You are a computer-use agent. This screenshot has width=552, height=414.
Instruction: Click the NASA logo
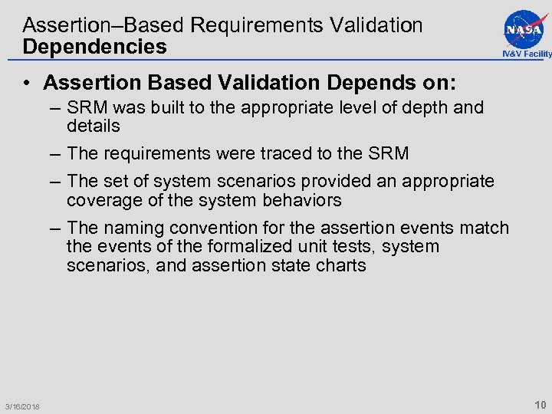[526, 28]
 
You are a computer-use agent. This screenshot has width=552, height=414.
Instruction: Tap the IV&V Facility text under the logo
[527, 54]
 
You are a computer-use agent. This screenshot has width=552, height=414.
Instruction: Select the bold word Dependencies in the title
[94, 47]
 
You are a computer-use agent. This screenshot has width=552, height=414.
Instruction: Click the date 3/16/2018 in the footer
[22, 406]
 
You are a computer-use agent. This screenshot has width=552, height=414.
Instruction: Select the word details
[94, 126]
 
